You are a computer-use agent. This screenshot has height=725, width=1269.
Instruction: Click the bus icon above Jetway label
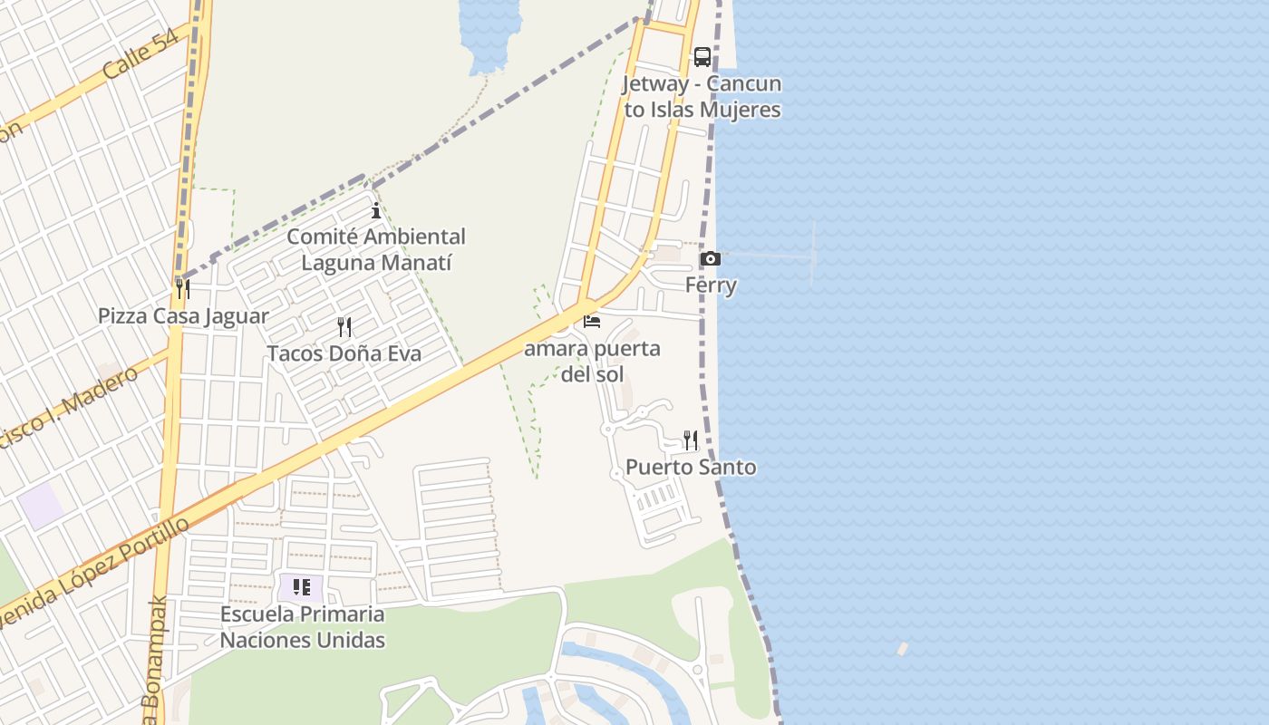702,57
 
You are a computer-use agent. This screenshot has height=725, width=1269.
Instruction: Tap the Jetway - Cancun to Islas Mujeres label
702,97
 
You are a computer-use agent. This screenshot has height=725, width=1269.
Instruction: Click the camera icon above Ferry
711,259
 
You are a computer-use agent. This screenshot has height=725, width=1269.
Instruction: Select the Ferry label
711,285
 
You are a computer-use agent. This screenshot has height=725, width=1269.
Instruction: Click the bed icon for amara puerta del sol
592,321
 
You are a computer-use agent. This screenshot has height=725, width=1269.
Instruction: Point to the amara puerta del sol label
593,361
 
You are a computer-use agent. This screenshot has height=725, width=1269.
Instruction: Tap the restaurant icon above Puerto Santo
691,440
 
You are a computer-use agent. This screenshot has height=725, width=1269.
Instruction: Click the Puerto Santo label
691,468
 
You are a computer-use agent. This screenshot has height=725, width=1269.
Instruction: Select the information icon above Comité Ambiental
376,211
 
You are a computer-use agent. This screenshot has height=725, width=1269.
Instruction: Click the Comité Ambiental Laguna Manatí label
376,250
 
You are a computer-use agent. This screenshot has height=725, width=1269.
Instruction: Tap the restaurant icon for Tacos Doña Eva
344,326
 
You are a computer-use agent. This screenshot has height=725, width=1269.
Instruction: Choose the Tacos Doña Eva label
344,353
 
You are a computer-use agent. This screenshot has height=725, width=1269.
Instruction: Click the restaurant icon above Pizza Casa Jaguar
183,289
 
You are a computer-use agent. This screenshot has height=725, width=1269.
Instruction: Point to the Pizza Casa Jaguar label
183,316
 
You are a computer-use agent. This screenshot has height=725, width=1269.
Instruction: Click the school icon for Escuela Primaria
302,587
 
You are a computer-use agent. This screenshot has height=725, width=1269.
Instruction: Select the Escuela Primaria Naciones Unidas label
303,627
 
